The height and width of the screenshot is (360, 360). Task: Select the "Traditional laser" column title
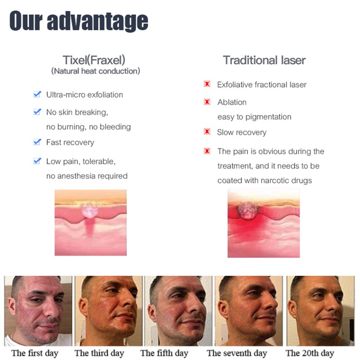[x=264, y=60]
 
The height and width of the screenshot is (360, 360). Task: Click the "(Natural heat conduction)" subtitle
[x=95, y=71]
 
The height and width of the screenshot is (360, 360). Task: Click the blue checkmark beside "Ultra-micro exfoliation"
[x=37, y=94]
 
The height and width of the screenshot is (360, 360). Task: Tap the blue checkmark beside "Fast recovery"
[x=37, y=142]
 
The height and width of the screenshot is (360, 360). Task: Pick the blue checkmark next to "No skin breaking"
[x=37, y=112]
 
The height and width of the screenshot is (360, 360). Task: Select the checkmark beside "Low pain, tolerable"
[x=37, y=161]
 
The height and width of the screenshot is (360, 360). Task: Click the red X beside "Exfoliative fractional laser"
[x=207, y=84]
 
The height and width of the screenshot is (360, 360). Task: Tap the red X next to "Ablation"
[x=207, y=102]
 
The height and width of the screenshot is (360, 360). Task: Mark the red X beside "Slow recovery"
[x=207, y=132]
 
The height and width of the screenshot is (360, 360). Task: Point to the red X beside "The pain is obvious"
[x=207, y=151]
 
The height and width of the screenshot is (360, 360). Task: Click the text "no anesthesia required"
[x=87, y=176]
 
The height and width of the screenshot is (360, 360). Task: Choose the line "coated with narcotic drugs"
[x=265, y=180]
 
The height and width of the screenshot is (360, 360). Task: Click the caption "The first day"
[x=35, y=353]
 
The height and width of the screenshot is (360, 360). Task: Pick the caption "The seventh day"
[x=237, y=353]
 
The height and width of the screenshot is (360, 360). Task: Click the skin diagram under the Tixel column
[x=90, y=223]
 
